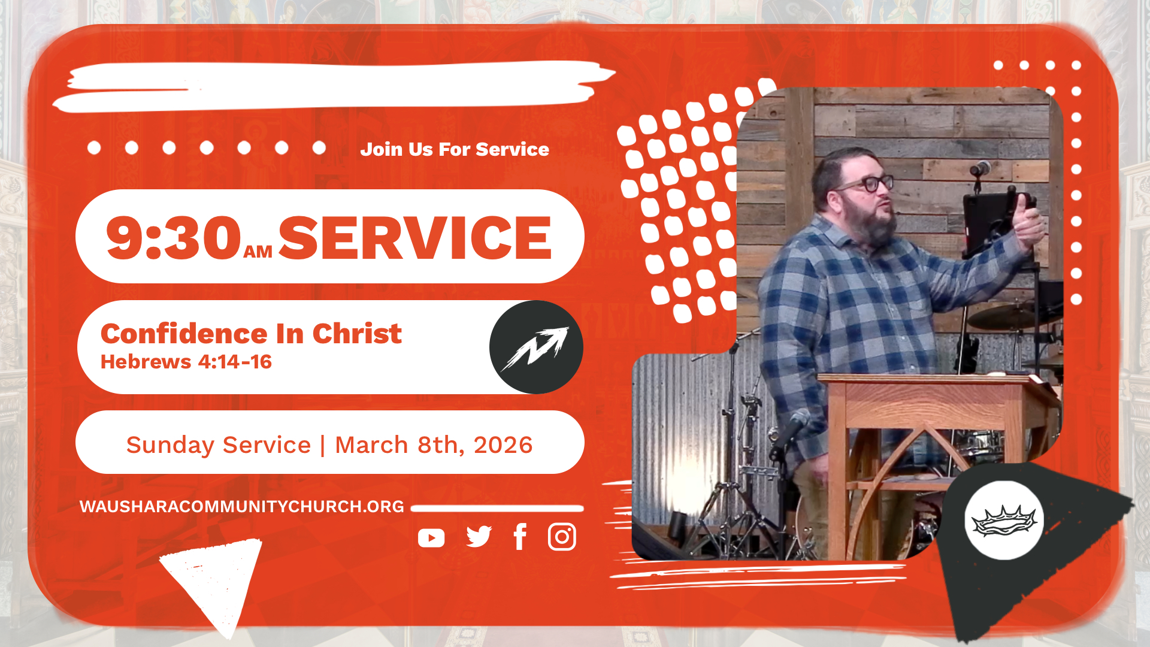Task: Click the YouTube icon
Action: click(431, 538)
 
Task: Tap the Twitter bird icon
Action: click(479, 537)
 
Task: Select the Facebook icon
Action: click(520, 537)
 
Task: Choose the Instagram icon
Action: click(562, 537)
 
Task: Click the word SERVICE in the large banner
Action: click(415, 238)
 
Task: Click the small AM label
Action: click(258, 252)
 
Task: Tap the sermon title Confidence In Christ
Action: click(251, 334)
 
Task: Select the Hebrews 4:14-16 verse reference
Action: click(186, 362)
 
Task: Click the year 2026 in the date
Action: click(503, 445)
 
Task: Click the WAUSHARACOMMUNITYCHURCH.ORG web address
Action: click(242, 507)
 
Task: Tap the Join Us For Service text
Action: click(455, 149)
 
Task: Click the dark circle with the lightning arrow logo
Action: click(536, 347)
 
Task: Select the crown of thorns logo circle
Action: click(1004, 520)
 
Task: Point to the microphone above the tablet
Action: click(980, 168)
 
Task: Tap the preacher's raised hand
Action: click(1029, 223)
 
